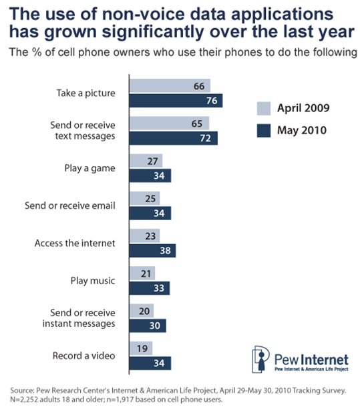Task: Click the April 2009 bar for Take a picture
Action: click(170, 86)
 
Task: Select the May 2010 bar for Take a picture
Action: click(176, 100)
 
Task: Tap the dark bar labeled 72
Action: click(173, 138)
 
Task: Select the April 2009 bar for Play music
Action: click(142, 274)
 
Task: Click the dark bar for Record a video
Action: click(150, 363)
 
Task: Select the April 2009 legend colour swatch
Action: click(264, 108)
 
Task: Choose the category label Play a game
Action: click(96, 168)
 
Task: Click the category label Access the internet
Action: click(79, 243)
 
